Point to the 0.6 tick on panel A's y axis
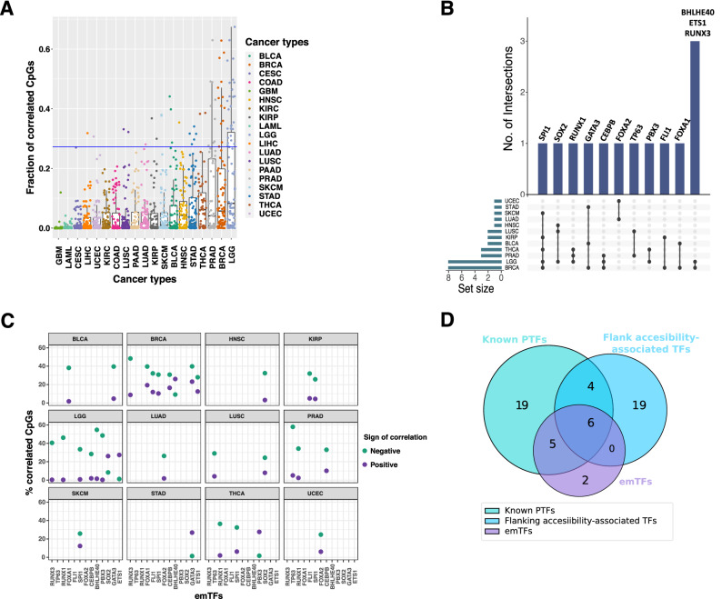[41, 49]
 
